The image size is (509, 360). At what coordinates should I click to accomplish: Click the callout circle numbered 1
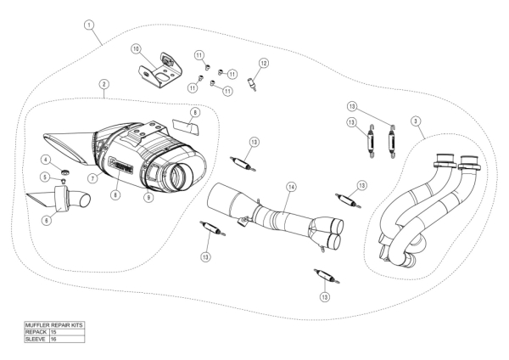point(90,25)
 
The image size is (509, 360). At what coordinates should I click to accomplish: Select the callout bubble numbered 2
point(103,84)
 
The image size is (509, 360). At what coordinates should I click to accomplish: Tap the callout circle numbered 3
point(417,121)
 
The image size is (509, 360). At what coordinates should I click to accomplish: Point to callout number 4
point(46,160)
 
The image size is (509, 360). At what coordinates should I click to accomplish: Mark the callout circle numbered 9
point(148,198)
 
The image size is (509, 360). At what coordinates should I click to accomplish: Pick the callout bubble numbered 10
point(136,49)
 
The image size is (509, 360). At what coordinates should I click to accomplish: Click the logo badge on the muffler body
point(120,161)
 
